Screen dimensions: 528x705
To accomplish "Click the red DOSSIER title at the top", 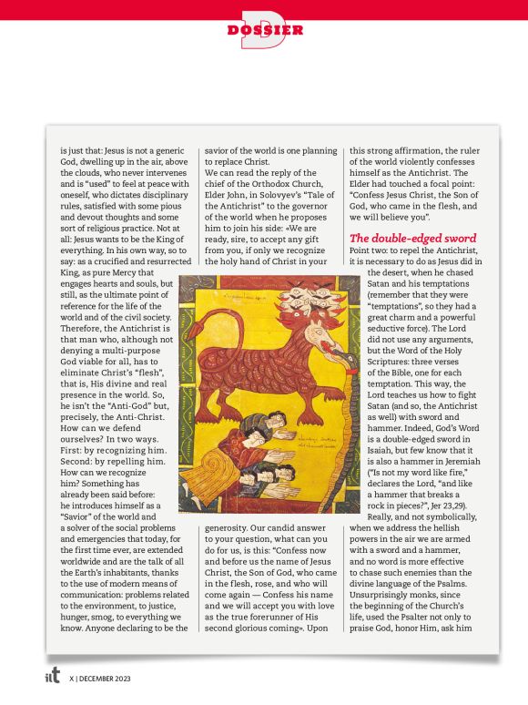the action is point(265,30).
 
